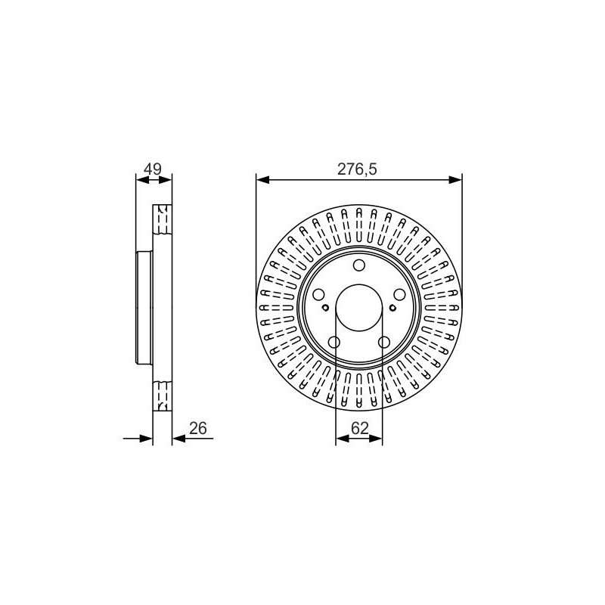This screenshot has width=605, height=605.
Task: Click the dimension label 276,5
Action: point(357,169)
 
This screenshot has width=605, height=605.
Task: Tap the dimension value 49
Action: point(153,169)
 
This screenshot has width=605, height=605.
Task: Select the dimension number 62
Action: point(360,428)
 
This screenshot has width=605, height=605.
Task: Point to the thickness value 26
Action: point(198,428)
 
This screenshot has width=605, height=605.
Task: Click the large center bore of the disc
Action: point(359,308)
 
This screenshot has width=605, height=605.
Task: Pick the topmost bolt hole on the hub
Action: point(359,265)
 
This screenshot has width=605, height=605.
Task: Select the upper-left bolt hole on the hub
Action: point(318,295)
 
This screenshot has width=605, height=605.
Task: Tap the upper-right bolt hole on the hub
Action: point(400,295)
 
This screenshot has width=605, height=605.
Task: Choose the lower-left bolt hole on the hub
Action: point(334,342)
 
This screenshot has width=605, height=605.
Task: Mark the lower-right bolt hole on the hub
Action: point(384,342)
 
